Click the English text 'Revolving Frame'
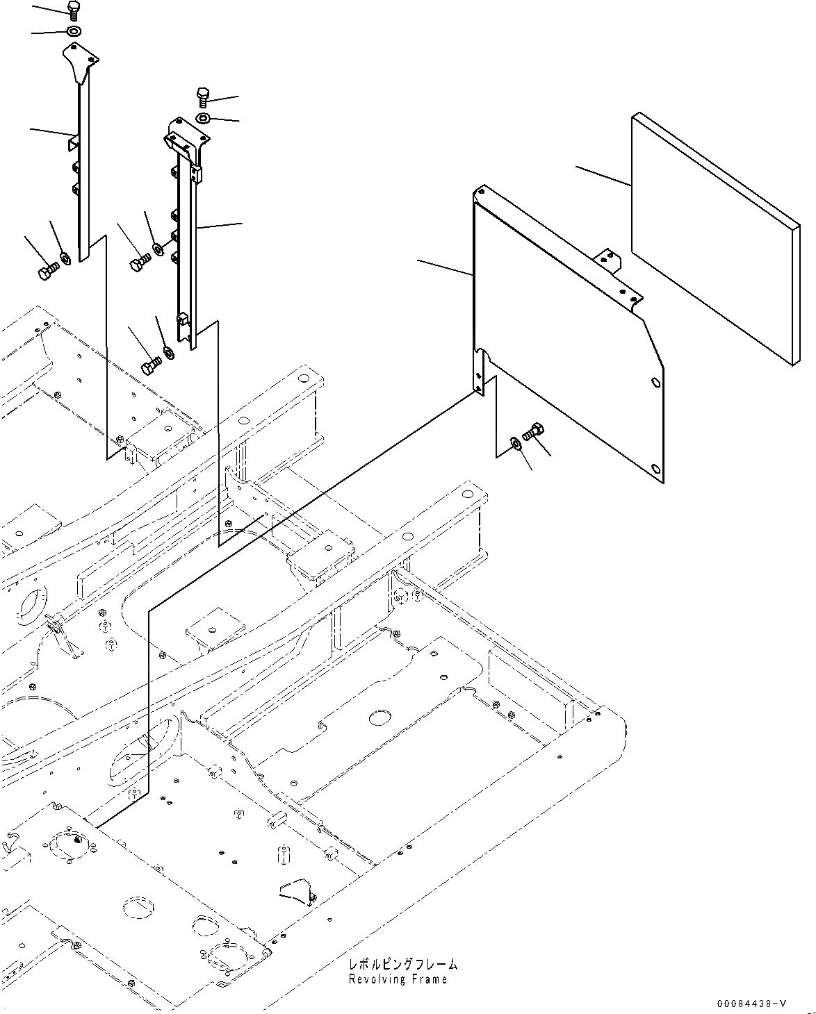(x=398, y=979)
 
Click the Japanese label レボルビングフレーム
(x=403, y=964)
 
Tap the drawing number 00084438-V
(x=752, y=1004)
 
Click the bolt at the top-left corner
(x=74, y=9)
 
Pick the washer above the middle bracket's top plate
(x=203, y=118)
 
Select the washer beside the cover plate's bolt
(x=515, y=442)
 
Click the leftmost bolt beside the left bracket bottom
(x=47, y=272)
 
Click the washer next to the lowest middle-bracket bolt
(x=168, y=352)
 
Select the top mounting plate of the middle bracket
(x=187, y=135)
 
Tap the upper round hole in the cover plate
(x=655, y=382)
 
